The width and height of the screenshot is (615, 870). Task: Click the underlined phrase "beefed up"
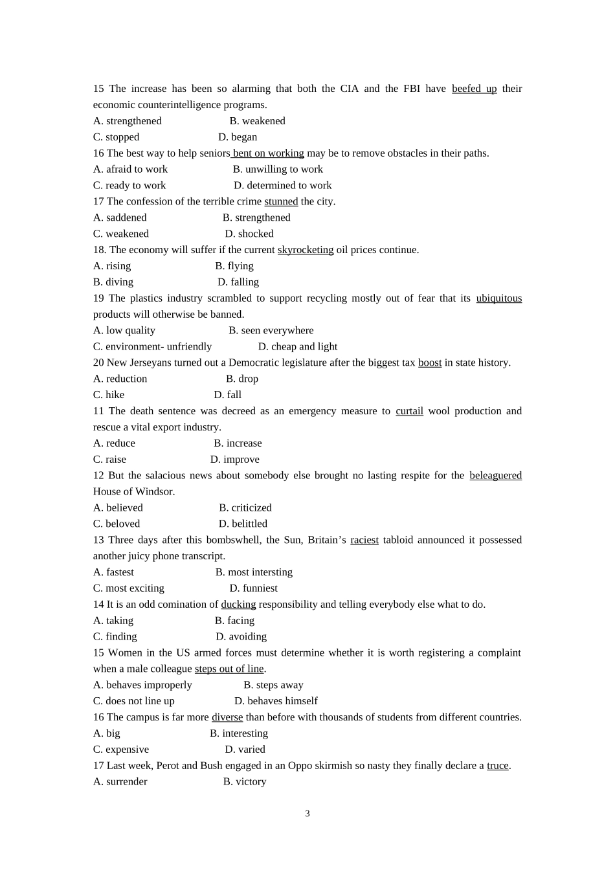(x=474, y=89)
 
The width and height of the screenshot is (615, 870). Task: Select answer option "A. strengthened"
(x=128, y=121)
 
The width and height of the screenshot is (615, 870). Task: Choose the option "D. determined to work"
(x=282, y=185)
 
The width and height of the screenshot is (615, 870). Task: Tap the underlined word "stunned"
(x=281, y=201)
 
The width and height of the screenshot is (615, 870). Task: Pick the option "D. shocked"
(x=249, y=234)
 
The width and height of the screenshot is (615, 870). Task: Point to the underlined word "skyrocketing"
(x=306, y=250)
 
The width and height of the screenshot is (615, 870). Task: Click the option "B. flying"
(x=234, y=266)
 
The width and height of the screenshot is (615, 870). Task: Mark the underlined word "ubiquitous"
(x=498, y=298)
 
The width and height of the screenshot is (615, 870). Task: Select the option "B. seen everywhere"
(x=271, y=330)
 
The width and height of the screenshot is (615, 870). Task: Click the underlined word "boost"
(x=430, y=362)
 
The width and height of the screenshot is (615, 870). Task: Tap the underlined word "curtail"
(x=409, y=411)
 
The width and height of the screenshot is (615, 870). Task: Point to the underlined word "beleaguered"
(x=495, y=475)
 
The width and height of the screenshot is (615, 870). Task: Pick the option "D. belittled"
(x=243, y=524)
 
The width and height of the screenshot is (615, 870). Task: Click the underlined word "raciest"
(x=364, y=540)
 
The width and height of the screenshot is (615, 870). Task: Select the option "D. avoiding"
(x=241, y=636)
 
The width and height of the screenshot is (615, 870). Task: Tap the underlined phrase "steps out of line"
(x=229, y=669)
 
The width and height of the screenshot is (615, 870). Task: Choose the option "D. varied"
(x=245, y=750)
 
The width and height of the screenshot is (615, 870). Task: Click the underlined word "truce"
(x=497, y=766)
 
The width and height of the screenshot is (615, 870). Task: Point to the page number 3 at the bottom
(x=307, y=814)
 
